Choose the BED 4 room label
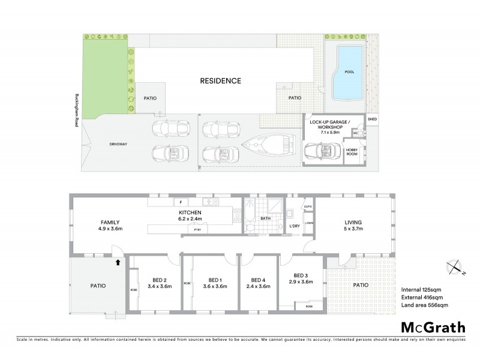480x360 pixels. click(258, 283)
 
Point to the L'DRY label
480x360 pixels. click(294, 226)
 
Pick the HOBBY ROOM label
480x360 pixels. click(352, 149)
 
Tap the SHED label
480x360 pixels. click(373, 118)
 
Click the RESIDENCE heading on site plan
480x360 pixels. click(221, 80)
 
